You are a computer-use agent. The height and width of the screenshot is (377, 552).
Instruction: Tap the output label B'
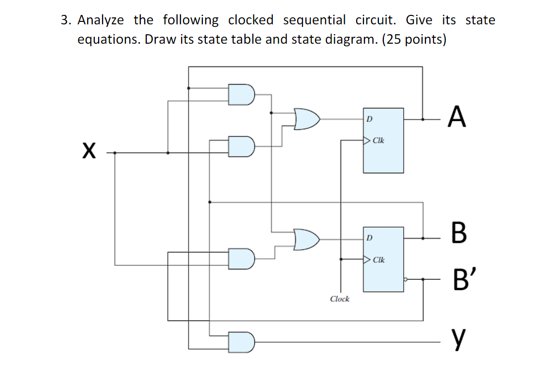[459, 281]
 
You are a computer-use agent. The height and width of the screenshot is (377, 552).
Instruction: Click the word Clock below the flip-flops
[340, 299]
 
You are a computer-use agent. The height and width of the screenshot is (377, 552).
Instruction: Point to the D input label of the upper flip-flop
[369, 119]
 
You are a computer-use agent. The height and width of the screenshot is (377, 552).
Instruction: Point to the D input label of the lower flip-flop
[369, 238]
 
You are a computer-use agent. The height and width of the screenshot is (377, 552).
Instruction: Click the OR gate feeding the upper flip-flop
[307, 119]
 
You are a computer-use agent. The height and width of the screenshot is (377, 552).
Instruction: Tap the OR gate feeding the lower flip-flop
[306, 239]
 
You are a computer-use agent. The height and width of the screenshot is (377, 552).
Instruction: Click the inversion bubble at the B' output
[406, 280]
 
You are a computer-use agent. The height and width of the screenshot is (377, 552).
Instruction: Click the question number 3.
[65, 20]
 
